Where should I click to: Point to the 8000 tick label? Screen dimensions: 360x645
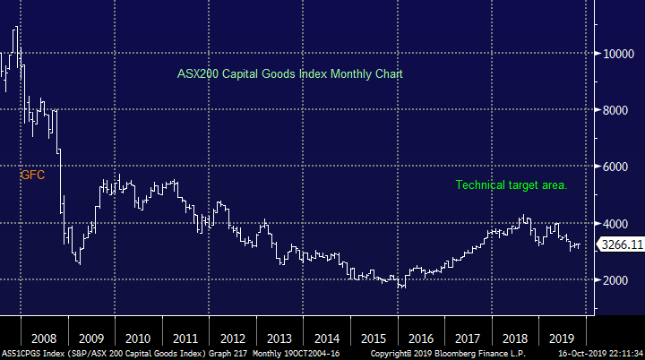619,110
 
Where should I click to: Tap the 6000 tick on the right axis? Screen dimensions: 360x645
619,167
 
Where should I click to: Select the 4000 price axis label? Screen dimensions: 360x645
619,223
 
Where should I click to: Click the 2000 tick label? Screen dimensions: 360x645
619,280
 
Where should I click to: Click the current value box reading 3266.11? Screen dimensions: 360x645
620,244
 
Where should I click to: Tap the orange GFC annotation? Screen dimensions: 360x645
32,176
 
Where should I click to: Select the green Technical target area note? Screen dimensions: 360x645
512,185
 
